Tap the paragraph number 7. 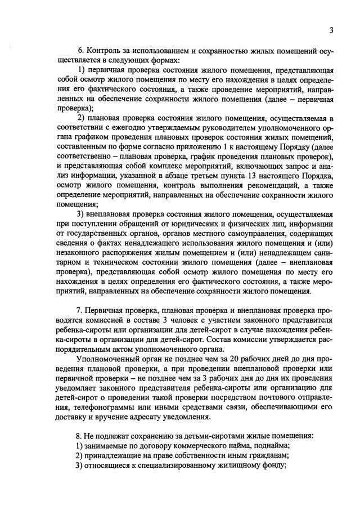click(78, 310)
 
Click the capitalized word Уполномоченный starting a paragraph click(107, 358)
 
